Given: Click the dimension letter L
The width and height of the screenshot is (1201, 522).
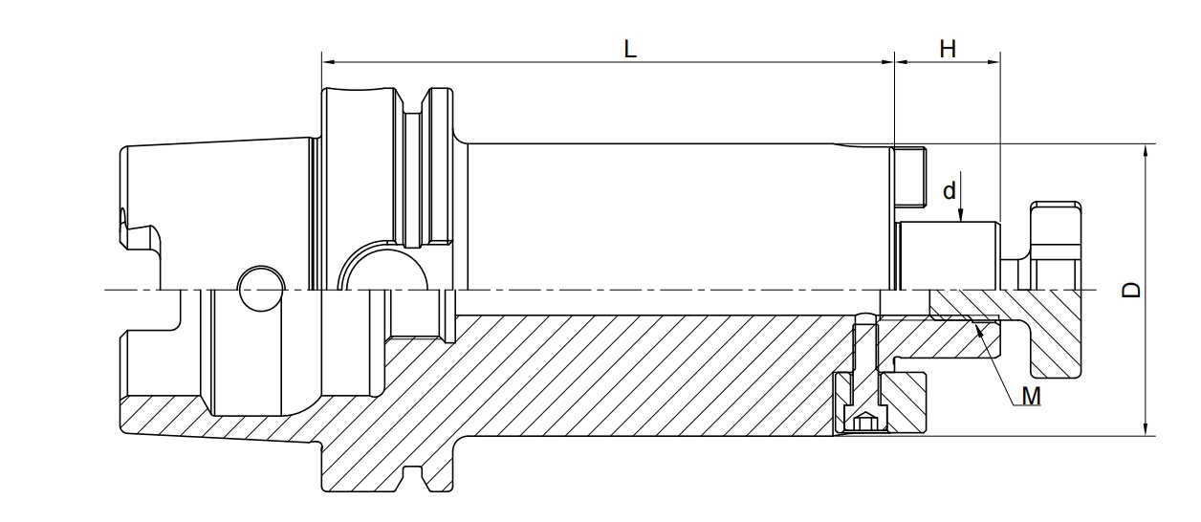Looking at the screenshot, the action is tap(630, 50).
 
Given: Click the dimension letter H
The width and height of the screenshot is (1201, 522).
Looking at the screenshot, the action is tap(948, 50).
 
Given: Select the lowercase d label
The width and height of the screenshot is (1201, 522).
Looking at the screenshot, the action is tap(949, 190).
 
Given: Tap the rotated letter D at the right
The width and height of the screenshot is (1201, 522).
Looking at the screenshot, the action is tap(1131, 290).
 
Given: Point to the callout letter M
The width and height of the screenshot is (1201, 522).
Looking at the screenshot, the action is tap(1031, 396).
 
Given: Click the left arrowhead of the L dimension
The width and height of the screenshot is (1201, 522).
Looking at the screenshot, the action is tap(328, 62).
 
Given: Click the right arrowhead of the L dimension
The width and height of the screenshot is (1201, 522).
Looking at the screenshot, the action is tap(888, 62).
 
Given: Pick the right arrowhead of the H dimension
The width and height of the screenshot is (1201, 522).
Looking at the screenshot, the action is tap(994, 62).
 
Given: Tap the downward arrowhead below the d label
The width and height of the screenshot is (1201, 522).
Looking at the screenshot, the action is tap(960, 215).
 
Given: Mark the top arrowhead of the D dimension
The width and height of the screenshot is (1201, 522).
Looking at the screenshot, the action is tap(1146, 151).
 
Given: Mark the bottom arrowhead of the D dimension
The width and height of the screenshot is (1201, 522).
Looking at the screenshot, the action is tap(1146, 428).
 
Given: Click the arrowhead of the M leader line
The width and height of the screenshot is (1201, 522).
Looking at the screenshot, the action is tap(979, 330).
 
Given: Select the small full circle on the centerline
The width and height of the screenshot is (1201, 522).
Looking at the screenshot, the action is tap(261, 289).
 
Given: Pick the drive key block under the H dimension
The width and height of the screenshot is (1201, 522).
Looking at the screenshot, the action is tap(911, 177).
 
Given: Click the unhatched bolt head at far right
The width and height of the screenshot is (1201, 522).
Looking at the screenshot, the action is tap(1055, 246).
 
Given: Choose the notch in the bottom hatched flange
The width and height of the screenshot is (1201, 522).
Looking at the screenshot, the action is tap(412, 479).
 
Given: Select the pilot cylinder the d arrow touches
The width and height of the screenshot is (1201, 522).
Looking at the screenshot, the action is tap(948, 255).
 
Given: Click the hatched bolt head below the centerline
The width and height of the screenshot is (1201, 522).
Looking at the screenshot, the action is tap(1055, 334).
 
